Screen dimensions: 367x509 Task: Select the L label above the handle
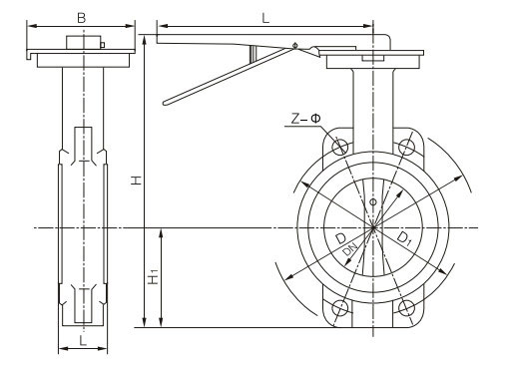pyautogui.click(x=264, y=17)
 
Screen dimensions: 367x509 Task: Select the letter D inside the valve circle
pyautogui.click(x=342, y=242)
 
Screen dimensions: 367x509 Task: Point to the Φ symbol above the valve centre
pyautogui.click(x=373, y=202)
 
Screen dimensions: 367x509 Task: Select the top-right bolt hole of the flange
pyautogui.click(x=405, y=148)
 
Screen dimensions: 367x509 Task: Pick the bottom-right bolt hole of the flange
pyautogui.click(x=405, y=308)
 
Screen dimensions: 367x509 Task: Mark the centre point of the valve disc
pyautogui.click(x=373, y=228)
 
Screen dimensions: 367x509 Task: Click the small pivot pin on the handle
pyautogui.click(x=295, y=45)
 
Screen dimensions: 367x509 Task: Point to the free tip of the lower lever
pyautogui.click(x=166, y=100)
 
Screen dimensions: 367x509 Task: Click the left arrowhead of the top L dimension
pyautogui.click(x=161, y=26)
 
